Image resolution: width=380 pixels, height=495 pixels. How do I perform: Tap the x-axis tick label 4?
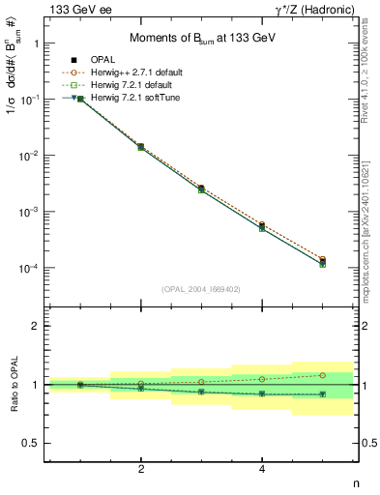point(262,470)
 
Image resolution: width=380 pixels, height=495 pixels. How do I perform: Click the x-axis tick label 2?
point(141,470)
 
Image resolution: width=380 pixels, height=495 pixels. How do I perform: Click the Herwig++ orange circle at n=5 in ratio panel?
point(323,375)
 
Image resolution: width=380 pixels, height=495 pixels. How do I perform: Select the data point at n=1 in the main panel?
point(80,99)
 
